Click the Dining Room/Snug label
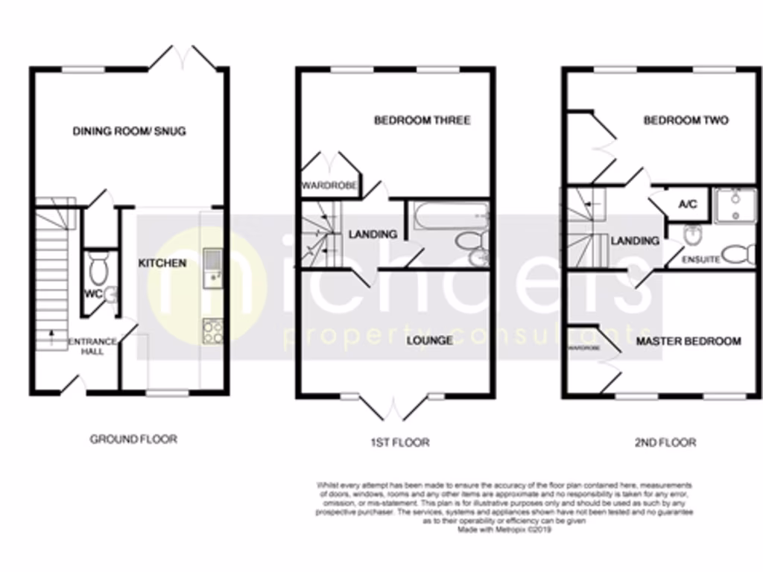[129, 132]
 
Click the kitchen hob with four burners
[212, 330]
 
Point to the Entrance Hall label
[92, 346]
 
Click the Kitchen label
[162, 263]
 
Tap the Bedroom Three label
[422, 120]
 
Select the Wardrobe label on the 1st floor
[328, 185]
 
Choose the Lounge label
[429, 340]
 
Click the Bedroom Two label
[686, 120]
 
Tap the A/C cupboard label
[687, 204]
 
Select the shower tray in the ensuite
[734, 206]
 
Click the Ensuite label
[700, 260]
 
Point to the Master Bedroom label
[688, 341]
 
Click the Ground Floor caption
[133, 439]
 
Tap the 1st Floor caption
[399, 442]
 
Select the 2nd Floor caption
[665, 442]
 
